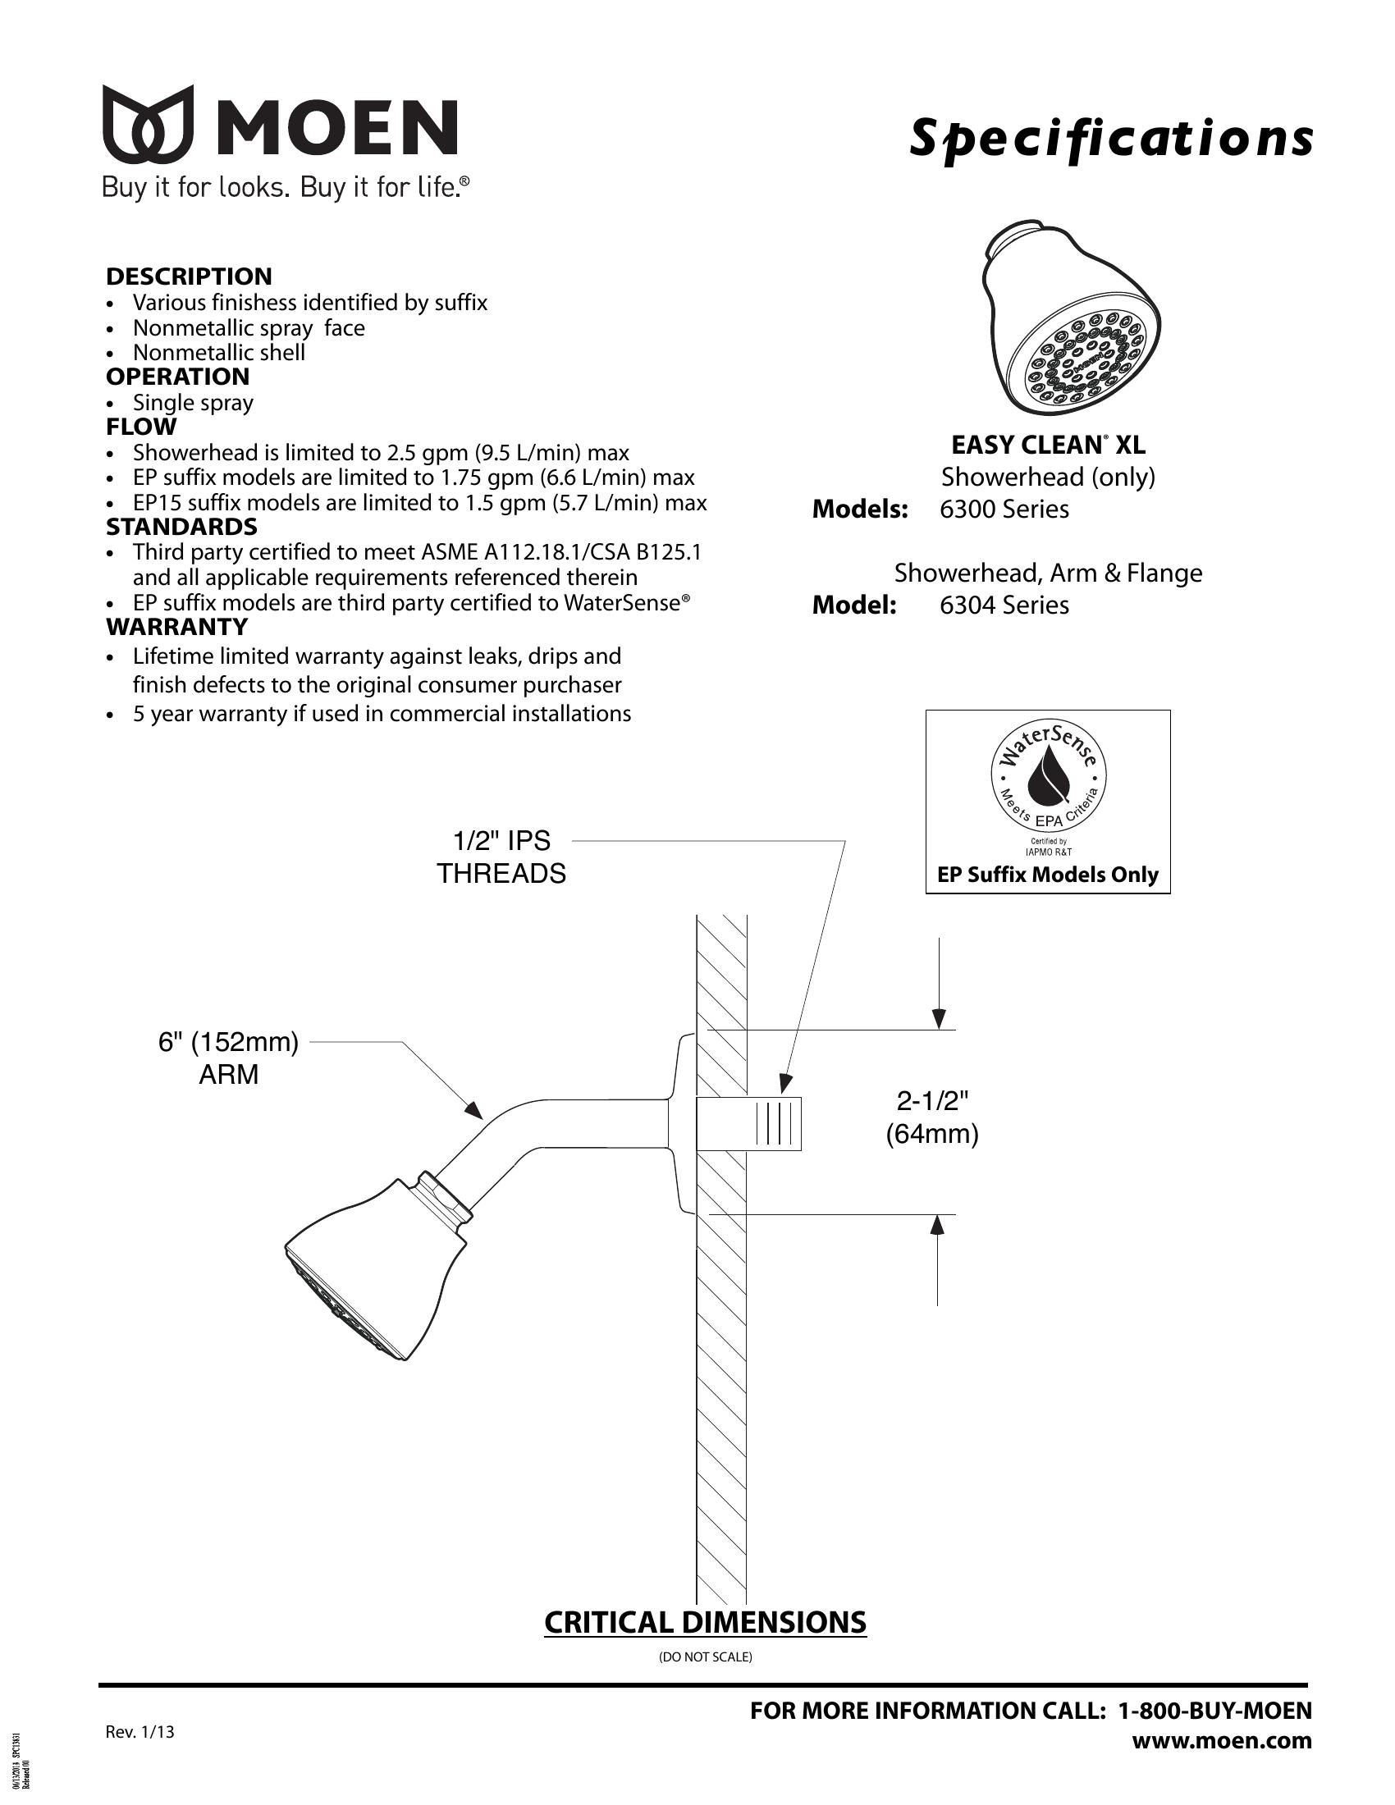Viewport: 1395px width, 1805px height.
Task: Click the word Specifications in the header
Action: point(1111,139)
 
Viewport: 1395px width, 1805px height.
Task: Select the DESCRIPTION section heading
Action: point(189,276)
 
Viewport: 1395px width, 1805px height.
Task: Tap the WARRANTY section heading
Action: point(177,627)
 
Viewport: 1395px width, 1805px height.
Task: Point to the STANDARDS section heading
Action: point(182,527)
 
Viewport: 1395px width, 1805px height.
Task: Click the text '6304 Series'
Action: point(1004,605)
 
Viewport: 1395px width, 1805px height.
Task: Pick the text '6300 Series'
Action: point(1004,510)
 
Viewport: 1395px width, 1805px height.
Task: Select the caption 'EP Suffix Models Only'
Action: point(1048,875)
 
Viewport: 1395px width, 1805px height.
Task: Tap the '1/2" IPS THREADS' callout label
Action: point(501,857)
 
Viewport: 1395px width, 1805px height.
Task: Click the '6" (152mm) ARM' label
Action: point(228,1058)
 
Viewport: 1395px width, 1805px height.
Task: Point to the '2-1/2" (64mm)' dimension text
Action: point(932,1117)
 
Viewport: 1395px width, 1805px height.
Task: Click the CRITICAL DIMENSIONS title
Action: point(705,1622)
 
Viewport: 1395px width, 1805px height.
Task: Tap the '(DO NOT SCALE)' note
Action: point(705,1657)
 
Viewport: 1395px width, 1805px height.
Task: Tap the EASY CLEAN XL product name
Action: point(1048,446)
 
